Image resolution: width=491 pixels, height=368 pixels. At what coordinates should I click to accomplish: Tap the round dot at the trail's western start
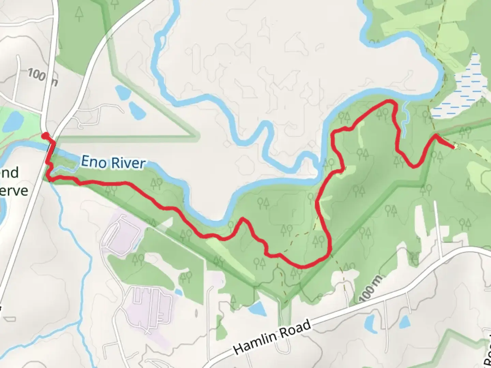[45, 136]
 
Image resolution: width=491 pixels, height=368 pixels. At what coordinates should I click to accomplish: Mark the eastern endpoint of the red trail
[454, 147]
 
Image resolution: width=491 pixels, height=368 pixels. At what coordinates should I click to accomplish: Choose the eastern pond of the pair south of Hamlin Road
[405, 321]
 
